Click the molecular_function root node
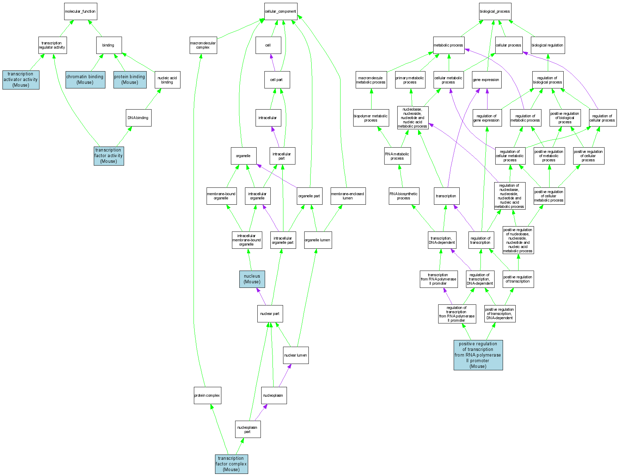coord(80,12)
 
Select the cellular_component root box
coord(281,12)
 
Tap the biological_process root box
coord(495,12)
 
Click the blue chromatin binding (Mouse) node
coord(85,80)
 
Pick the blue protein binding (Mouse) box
coord(130,80)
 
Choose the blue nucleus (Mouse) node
coord(252,279)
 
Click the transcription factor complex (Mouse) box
coord(231,464)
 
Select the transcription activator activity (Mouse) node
coord(21,80)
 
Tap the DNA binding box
coord(139,118)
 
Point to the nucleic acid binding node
coord(167,80)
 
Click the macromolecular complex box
coord(203,45)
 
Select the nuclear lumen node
coord(296,355)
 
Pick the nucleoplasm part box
coord(248,429)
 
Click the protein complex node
coord(207,395)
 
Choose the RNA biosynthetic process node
coord(404,196)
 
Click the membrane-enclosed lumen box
coord(348,196)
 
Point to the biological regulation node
coord(547,45)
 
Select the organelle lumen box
coord(318,240)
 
